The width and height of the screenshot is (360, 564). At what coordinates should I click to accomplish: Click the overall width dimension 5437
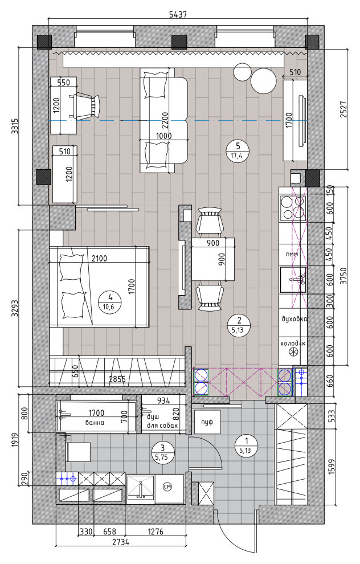click(178, 15)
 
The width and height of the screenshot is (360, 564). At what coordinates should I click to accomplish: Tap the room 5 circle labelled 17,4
click(238, 151)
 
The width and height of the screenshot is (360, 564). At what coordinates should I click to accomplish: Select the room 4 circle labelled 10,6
click(110, 302)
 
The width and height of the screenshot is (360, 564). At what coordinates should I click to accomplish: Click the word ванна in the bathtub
click(95, 422)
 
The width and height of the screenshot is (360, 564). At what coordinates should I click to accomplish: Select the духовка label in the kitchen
click(294, 318)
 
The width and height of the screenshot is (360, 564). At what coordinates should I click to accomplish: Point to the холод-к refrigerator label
click(293, 344)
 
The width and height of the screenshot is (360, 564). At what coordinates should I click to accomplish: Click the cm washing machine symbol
click(167, 487)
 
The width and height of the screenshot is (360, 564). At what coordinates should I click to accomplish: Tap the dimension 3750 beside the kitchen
click(344, 276)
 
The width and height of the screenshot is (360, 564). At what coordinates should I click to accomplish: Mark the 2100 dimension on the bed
click(99, 258)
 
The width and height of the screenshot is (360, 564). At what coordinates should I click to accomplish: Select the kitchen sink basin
click(293, 279)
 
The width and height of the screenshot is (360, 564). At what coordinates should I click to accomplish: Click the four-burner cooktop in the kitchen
click(293, 207)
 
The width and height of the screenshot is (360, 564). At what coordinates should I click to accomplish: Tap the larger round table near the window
click(264, 81)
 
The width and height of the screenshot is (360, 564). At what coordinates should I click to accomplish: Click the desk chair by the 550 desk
click(86, 106)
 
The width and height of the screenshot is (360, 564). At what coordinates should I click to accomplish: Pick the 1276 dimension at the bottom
click(156, 532)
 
